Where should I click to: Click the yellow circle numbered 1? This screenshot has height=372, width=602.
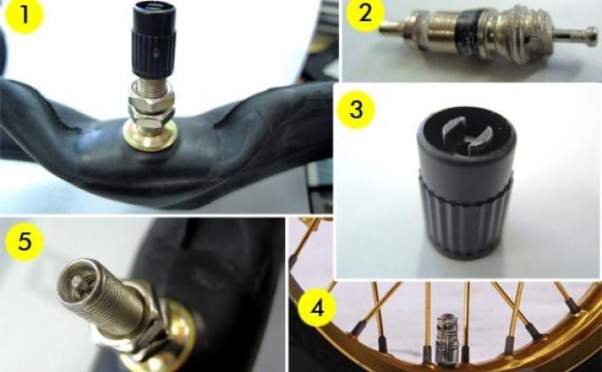25,14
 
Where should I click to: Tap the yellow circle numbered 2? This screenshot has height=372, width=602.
365,13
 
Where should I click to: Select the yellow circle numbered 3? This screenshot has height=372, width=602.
356,110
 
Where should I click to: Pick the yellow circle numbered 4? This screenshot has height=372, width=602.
317,307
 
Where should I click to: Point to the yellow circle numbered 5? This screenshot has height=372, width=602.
25,242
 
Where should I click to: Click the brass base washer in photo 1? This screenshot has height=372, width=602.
150,138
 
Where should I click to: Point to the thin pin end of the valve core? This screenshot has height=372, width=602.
390,27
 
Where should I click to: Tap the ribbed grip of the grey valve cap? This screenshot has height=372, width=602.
466,216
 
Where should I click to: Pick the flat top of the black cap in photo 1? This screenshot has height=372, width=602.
155,9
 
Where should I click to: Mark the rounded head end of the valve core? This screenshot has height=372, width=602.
591,36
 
